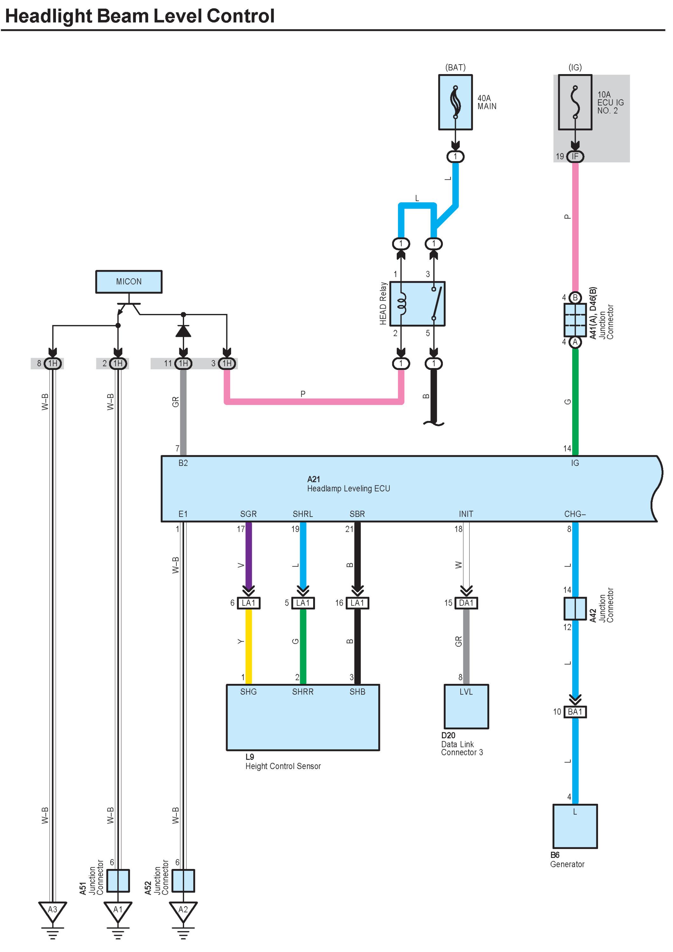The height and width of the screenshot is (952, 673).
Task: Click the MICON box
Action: point(129,282)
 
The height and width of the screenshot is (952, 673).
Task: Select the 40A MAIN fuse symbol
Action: point(456,102)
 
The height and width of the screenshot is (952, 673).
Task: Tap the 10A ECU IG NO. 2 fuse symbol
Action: point(575,102)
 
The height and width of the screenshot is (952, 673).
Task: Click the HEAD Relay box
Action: point(417,304)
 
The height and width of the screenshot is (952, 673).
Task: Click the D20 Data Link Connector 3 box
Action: point(466,706)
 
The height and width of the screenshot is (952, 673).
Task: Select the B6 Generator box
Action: point(575,826)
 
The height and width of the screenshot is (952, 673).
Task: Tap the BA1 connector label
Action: point(575,712)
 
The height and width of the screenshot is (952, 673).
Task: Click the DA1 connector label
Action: point(466,603)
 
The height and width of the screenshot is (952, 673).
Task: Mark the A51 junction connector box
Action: point(118,881)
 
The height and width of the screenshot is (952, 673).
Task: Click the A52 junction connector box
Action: point(183,881)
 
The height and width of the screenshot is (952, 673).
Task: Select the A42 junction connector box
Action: point(575,608)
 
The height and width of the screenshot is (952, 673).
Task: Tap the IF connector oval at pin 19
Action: point(575,156)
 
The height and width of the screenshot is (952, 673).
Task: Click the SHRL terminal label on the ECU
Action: point(303,514)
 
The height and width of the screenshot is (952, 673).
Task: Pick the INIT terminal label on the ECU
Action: point(466,514)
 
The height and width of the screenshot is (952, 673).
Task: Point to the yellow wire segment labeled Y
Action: point(249,646)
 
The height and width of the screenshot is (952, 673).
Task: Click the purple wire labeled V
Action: point(249,556)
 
